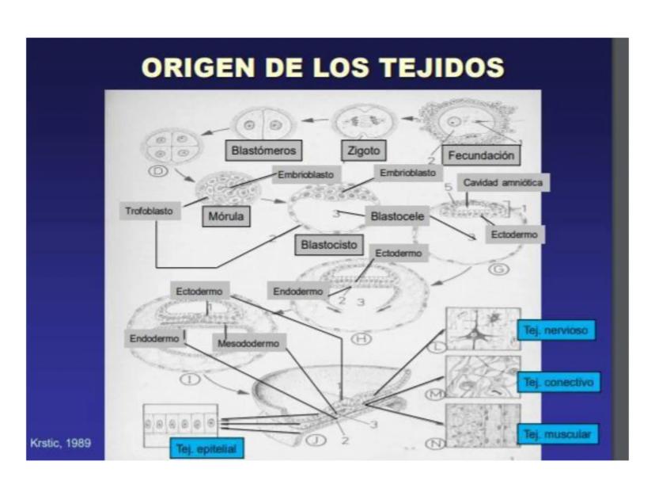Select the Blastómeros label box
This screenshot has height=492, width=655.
[263, 151]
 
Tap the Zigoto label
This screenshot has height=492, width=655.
[364, 151]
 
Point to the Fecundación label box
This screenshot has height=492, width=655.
[481, 155]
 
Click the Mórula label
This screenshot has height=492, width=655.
[226, 216]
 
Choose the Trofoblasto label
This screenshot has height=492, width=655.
[150, 211]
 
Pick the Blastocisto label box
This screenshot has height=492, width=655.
[329, 245]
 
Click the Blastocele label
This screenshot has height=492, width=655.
[397, 216]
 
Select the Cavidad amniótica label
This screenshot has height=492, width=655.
[503, 182]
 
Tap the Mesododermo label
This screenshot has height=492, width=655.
[248, 344]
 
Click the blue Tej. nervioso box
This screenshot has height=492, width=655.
[556, 330]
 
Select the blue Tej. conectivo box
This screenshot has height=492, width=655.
[558, 383]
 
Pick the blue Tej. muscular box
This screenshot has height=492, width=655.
[558, 434]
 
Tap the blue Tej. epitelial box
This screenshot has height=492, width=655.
[206, 449]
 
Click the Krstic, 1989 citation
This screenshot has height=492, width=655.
[61, 443]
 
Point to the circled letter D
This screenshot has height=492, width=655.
[158, 170]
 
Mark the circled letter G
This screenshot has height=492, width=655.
[499, 269]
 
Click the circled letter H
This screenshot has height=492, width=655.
[362, 338]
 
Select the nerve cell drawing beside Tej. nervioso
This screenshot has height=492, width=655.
[483, 330]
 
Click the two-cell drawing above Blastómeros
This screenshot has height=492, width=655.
[263, 124]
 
